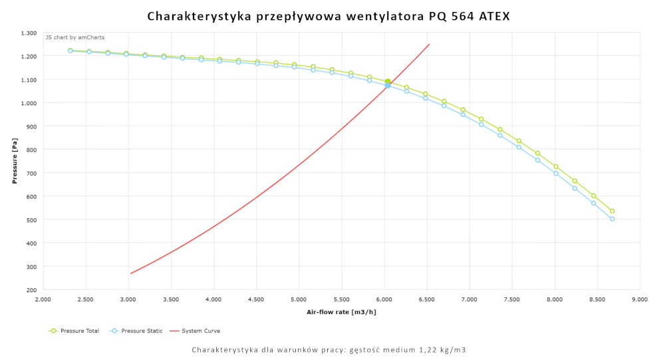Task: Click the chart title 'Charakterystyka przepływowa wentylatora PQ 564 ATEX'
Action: click(x=329, y=16)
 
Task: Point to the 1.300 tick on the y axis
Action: click(x=29, y=33)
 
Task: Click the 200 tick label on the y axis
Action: click(x=31, y=290)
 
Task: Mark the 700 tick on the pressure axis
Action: click(x=31, y=173)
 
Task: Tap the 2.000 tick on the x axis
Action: click(x=43, y=300)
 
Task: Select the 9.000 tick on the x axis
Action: click(x=640, y=300)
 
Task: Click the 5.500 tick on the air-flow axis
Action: click(x=341, y=300)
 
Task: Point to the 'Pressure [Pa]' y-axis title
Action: click(x=15, y=161)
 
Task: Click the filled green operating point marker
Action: click(x=388, y=82)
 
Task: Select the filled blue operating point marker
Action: click(x=388, y=85)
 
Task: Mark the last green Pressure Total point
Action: click(x=612, y=211)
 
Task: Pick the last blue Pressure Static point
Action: click(x=612, y=219)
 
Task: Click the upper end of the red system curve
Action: click(x=429, y=45)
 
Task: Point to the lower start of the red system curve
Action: click(x=131, y=273)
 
